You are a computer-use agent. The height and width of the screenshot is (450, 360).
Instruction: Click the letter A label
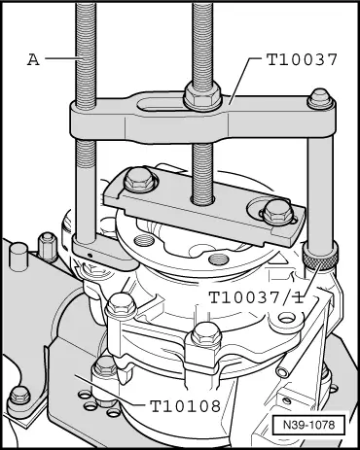tap(33, 58)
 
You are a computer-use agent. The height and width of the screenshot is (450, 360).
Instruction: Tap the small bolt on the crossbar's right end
tap(316, 99)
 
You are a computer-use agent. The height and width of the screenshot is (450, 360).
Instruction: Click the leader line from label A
tap(60, 58)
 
